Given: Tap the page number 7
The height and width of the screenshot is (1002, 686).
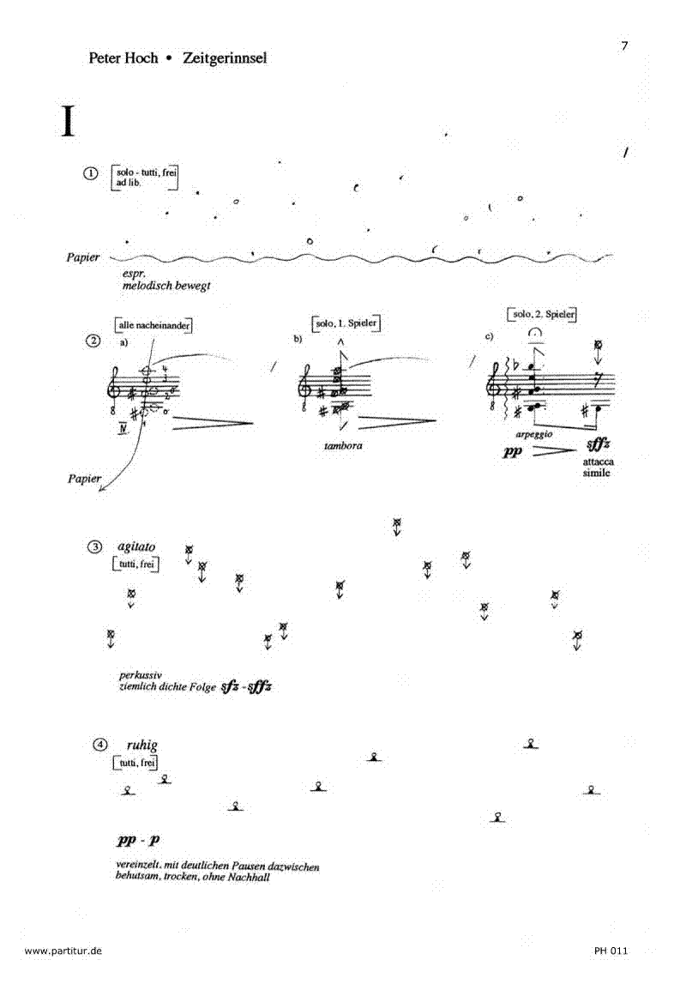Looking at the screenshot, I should click(x=625, y=45).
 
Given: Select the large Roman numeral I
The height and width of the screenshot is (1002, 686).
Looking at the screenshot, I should click(x=68, y=121).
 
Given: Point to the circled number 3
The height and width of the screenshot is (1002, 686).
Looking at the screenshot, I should click(x=96, y=547).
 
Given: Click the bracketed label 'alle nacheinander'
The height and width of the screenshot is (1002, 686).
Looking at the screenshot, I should click(x=153, y=325).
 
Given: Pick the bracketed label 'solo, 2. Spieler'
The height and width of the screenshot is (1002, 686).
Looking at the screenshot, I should click(x=541, y=315).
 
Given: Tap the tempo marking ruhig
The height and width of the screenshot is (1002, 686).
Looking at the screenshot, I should click(x=142, y=745).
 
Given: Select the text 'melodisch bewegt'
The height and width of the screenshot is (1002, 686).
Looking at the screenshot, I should click(x=166, y=287).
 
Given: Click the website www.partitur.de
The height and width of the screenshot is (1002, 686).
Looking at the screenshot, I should click(x=64, y=951).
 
